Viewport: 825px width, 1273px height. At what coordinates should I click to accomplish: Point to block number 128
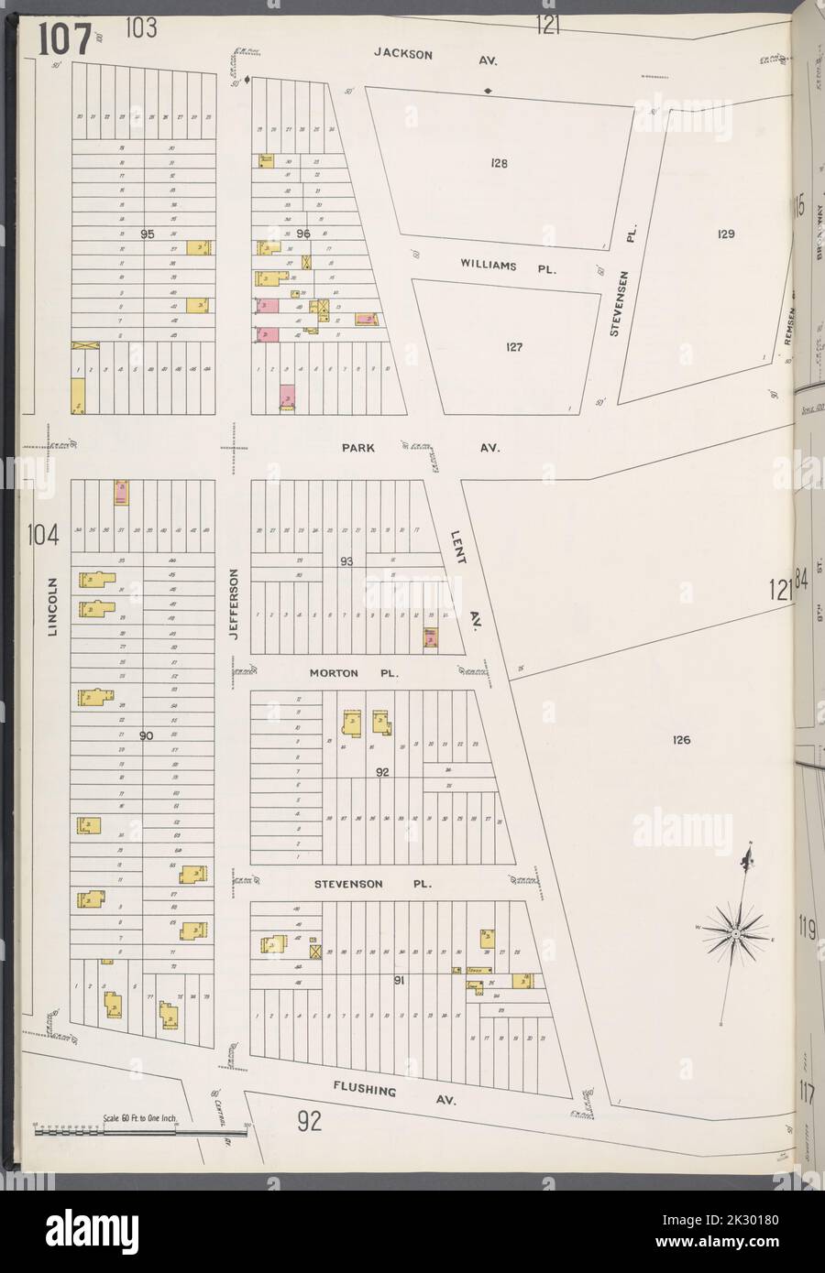coord(499,165)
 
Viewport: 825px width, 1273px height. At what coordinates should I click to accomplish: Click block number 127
coord(514,347)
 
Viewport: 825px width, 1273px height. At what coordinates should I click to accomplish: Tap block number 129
coord(726,234)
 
